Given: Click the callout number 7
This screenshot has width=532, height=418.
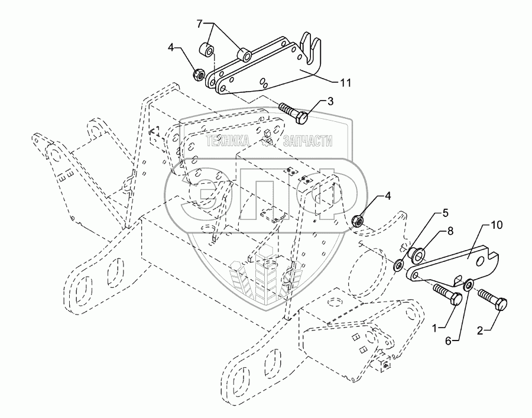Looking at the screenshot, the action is (x=199, y=24).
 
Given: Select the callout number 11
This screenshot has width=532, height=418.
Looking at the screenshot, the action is (x=345, y=82).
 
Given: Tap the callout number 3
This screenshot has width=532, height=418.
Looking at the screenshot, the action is (x=330, y=101).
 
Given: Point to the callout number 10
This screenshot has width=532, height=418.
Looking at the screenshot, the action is (x=497, y=225).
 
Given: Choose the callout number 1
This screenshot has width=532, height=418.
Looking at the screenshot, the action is (x=436, y=328).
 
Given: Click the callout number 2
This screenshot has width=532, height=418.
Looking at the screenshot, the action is (x=479, y=330).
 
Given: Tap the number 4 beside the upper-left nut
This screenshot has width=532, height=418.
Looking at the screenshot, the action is (x=171, y=47).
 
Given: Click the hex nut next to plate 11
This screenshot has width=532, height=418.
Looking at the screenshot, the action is (x=199, y=74).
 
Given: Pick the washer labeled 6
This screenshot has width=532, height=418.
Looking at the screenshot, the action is (x=469, y=284).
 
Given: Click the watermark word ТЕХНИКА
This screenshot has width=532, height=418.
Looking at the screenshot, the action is (x=228, y=141).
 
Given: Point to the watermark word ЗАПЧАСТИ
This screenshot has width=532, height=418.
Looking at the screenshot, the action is (x=307, y=141).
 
